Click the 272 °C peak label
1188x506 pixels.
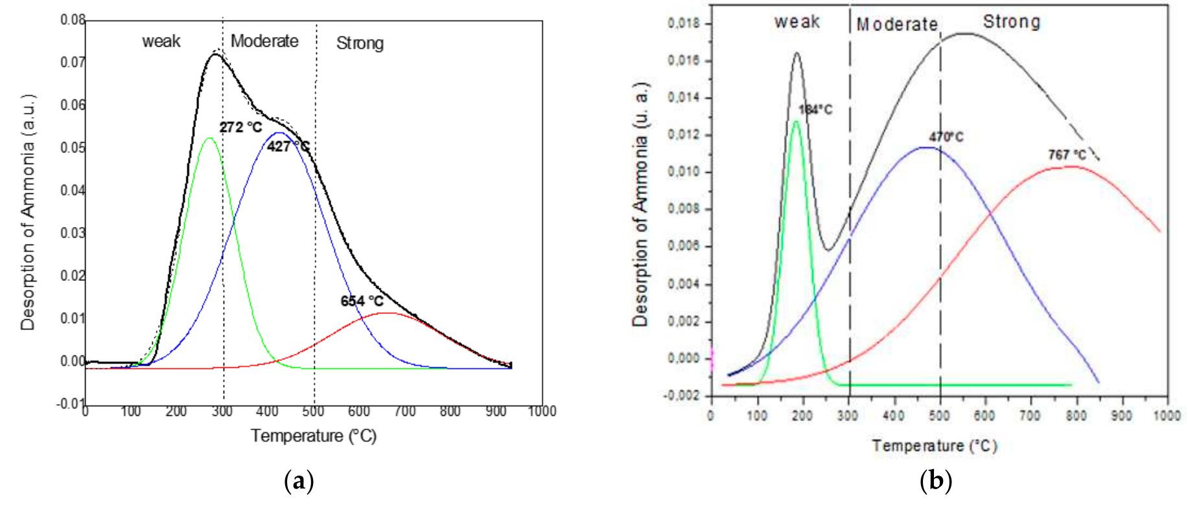point(240,128)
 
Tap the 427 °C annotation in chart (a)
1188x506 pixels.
point(288,147)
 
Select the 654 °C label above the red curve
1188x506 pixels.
point(362,301)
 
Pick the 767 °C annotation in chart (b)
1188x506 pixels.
point(1067,155)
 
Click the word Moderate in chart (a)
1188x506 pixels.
point(264,41)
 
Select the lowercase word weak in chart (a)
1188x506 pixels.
point(161,42)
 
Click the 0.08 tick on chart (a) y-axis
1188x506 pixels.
point(73,21)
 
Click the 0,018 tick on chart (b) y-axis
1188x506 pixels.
point(684,24)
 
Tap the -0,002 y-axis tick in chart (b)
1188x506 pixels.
point(682,396)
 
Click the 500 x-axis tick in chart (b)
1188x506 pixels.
point(940,415)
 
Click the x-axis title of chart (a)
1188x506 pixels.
point(314,435)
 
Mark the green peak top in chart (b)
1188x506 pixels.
point(796,121)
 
